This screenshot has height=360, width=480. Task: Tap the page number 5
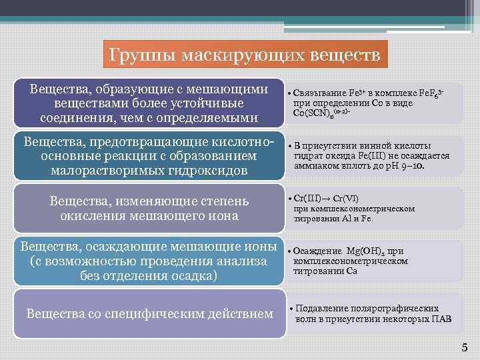[465, 347]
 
